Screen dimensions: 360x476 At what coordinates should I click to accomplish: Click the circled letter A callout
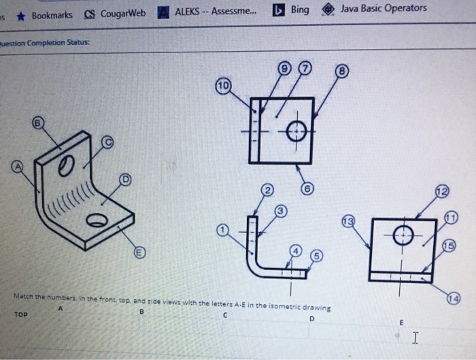(17, 165)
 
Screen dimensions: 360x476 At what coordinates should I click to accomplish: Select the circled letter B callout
(39, 122)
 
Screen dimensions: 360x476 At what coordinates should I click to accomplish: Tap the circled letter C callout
(107, 142)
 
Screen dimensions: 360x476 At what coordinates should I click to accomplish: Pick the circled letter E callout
(139, 252)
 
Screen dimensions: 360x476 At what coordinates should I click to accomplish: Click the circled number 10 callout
(222, 86)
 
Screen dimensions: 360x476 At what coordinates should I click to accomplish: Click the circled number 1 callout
(222, 231)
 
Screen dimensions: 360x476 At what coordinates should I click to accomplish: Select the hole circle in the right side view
(403, 234)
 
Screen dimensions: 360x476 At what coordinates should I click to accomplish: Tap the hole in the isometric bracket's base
(97, 220)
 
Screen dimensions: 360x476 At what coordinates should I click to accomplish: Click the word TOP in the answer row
(22, 316)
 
